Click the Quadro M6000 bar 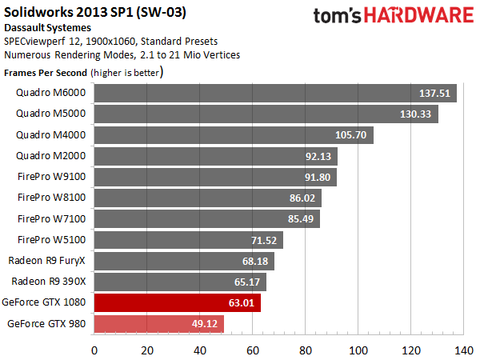[275, 94]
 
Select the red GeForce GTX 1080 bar [177, 303]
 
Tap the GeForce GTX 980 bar [158, 324]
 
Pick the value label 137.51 [437, 94]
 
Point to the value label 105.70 [353, 135]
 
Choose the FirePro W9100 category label [58, 177]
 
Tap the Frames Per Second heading [46, 72]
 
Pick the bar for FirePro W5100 [188, 240]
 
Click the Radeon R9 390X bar [180, 282]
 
